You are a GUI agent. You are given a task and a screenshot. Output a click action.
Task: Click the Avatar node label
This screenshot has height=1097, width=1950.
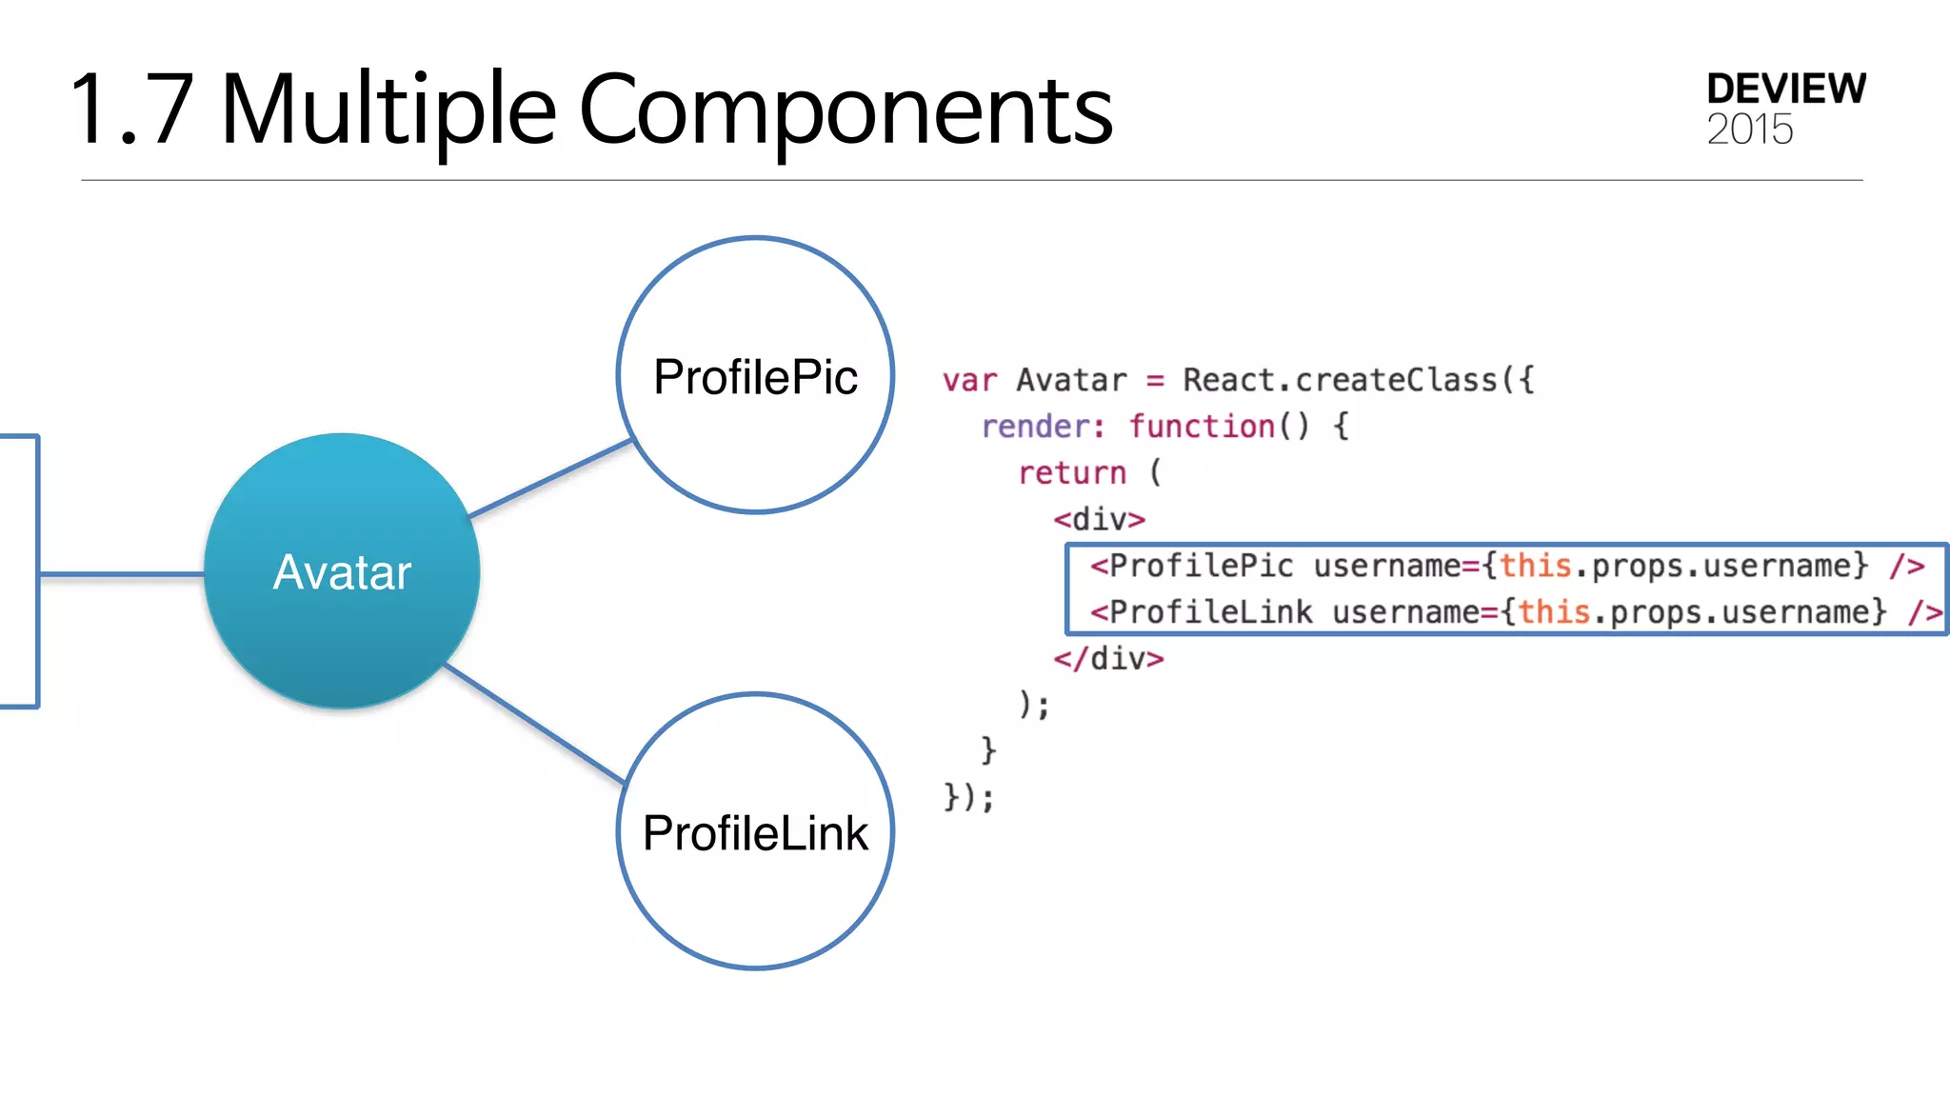[x=342, y=572]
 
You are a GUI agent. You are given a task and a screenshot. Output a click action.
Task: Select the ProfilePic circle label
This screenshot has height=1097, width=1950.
[x=755, y=377]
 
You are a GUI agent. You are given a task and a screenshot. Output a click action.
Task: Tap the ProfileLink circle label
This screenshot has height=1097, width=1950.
[x=755, y=833]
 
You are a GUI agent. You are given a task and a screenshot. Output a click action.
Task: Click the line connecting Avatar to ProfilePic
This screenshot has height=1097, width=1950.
[x=550, y=479]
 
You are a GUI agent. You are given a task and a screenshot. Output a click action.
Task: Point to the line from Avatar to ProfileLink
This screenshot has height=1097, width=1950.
[x=535, y=724]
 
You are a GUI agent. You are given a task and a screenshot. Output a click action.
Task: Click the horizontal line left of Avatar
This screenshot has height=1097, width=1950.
[x=122, y=574]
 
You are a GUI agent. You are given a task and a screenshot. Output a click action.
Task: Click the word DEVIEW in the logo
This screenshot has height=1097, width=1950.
[x=1785, y=89]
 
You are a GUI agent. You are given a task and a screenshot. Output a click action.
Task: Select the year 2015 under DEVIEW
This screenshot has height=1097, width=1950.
[x=1749, y=130]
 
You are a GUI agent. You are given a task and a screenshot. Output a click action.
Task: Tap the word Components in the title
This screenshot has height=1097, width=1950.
[x=846, y=111]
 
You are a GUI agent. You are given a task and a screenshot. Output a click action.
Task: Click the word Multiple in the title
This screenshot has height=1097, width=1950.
[x=388, y=110]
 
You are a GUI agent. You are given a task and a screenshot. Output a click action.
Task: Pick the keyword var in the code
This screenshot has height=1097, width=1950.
[x=969, y=381]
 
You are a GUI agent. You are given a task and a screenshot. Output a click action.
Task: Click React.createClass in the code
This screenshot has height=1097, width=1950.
[x=1341, y=381]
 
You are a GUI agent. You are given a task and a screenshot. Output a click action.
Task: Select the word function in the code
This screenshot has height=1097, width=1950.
[x=1202, y=427]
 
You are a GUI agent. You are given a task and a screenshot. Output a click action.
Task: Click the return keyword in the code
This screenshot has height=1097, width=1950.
[x=1072, y=473]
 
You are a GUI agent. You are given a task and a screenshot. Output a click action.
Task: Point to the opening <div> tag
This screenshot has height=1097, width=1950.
[x=1099, y=520]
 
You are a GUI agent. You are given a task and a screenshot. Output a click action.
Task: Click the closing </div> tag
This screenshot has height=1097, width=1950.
[x=1108, y=659]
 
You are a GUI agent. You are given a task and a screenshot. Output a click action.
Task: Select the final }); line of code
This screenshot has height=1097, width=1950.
[x=968, y=797]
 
